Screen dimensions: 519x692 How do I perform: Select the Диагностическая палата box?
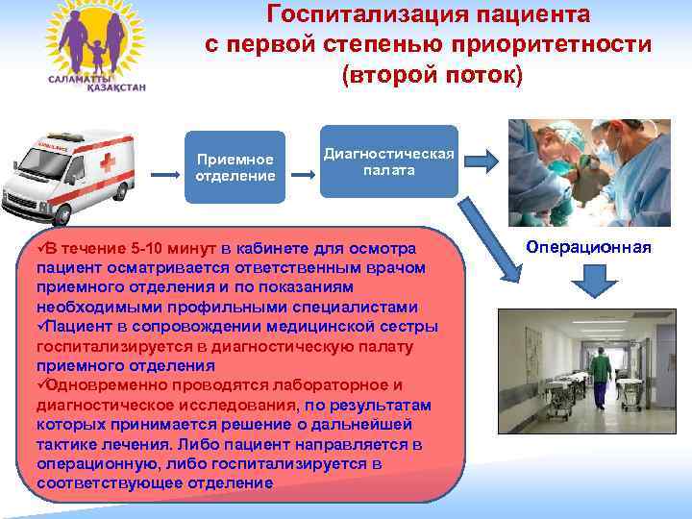click(389, 161)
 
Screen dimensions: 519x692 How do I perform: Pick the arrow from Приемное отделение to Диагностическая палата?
click(304, 175)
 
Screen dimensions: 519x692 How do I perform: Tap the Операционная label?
click(588, 248)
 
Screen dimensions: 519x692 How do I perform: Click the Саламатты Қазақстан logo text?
click(86, 82)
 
